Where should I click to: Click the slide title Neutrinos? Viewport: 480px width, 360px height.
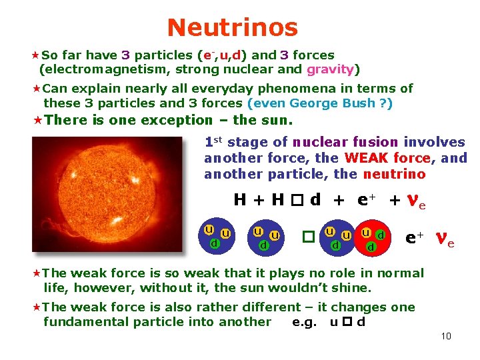(233, 27)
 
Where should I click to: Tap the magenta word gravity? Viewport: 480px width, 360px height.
(331, 69)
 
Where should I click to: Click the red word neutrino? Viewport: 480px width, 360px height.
(394, 174)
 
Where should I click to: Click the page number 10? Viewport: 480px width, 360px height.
(446, 335)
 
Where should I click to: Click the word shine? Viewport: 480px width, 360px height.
(352, 288)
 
